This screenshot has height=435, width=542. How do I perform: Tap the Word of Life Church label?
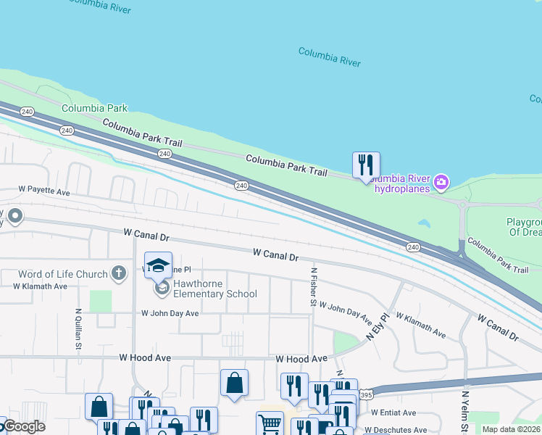coord(64,274)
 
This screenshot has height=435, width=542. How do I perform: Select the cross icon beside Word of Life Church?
coord(120,273)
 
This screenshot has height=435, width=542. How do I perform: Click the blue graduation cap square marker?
coord(159,266)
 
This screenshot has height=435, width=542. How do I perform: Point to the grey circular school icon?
coord(162,289)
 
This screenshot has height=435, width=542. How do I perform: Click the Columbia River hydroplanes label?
coord(401,184)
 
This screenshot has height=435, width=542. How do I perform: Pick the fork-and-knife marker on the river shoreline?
coord(366,165)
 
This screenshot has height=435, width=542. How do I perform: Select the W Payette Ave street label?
coord(44,191)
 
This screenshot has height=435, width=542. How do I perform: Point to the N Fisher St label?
coord(314,286)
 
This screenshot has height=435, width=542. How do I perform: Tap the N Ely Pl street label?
coord(378,327)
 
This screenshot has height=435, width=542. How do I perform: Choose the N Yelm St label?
coord(465,412)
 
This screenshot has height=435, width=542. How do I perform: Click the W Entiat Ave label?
coord(391,413)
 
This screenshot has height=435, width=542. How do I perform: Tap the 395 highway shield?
coord(367,395)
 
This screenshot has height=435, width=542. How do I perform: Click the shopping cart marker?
coord(270,423)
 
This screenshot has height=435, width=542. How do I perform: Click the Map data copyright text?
coord(512,429)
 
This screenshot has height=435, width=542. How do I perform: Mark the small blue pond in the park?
coord(423,224)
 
